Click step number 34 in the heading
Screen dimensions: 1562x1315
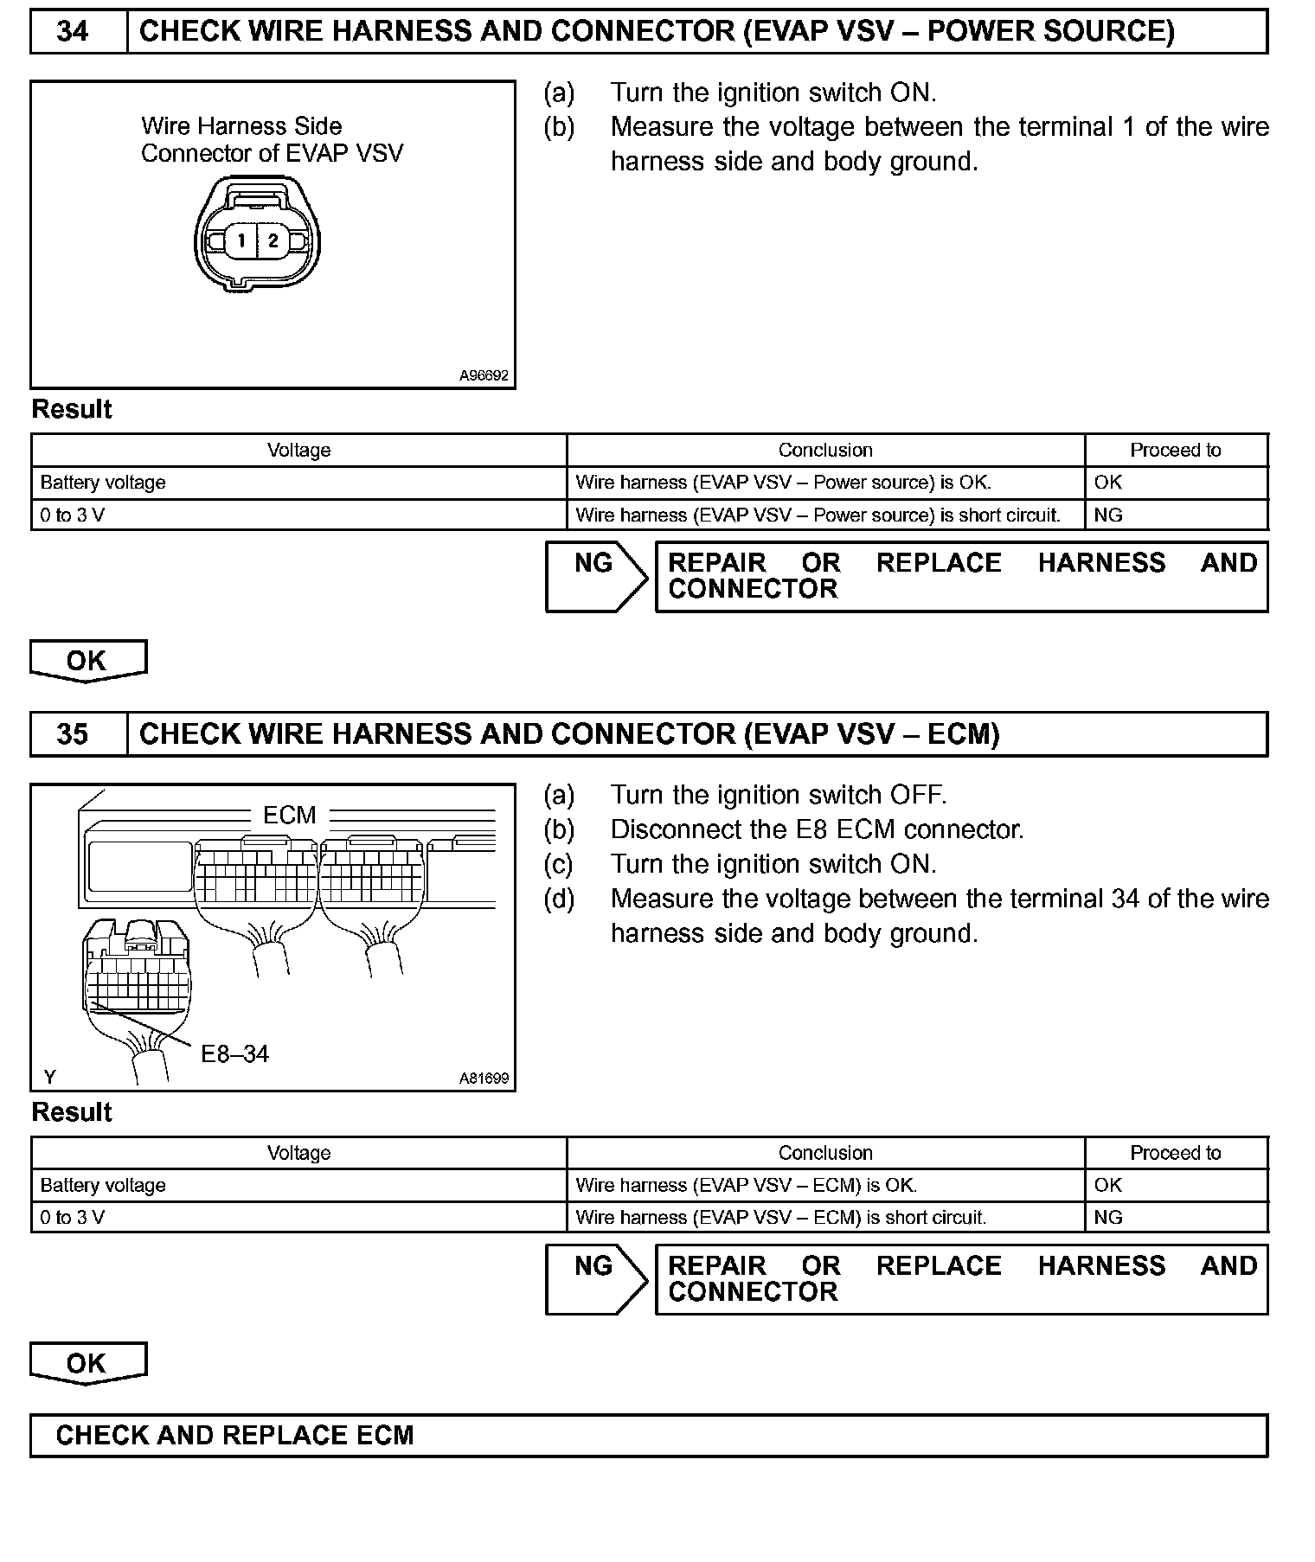coord(73,32)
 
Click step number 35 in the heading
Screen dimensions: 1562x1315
coord(73,734)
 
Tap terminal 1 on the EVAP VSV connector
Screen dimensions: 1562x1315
coord(242,240)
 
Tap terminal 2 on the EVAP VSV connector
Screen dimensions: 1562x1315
coord(273,240)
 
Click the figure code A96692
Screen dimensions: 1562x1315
coord(484,376)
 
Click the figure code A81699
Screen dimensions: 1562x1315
coord(484,1079)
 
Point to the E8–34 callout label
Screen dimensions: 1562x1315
coord(234,1053)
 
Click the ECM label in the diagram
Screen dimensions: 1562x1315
coord(289,815)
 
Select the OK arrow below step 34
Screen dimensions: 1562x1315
coord(87,661)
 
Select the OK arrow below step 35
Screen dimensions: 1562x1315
coord(87,1363)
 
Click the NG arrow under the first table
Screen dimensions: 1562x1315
coord(595,576)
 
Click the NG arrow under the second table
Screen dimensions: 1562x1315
coord(595,1278)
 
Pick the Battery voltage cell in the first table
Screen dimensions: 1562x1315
coord(103,483)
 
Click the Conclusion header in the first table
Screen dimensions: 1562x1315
coord(824,451)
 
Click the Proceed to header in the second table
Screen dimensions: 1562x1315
coord(1175,1153)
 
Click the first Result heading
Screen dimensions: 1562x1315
coord(72,409)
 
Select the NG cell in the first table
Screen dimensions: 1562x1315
coord(1108,515)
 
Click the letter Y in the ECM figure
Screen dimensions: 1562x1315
coord(49,1077)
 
